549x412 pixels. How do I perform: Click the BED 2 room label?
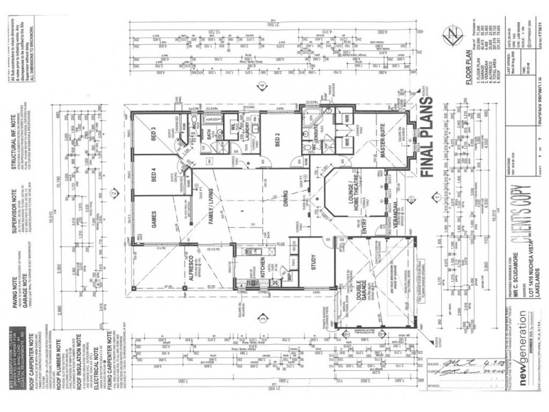coord(279,140)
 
